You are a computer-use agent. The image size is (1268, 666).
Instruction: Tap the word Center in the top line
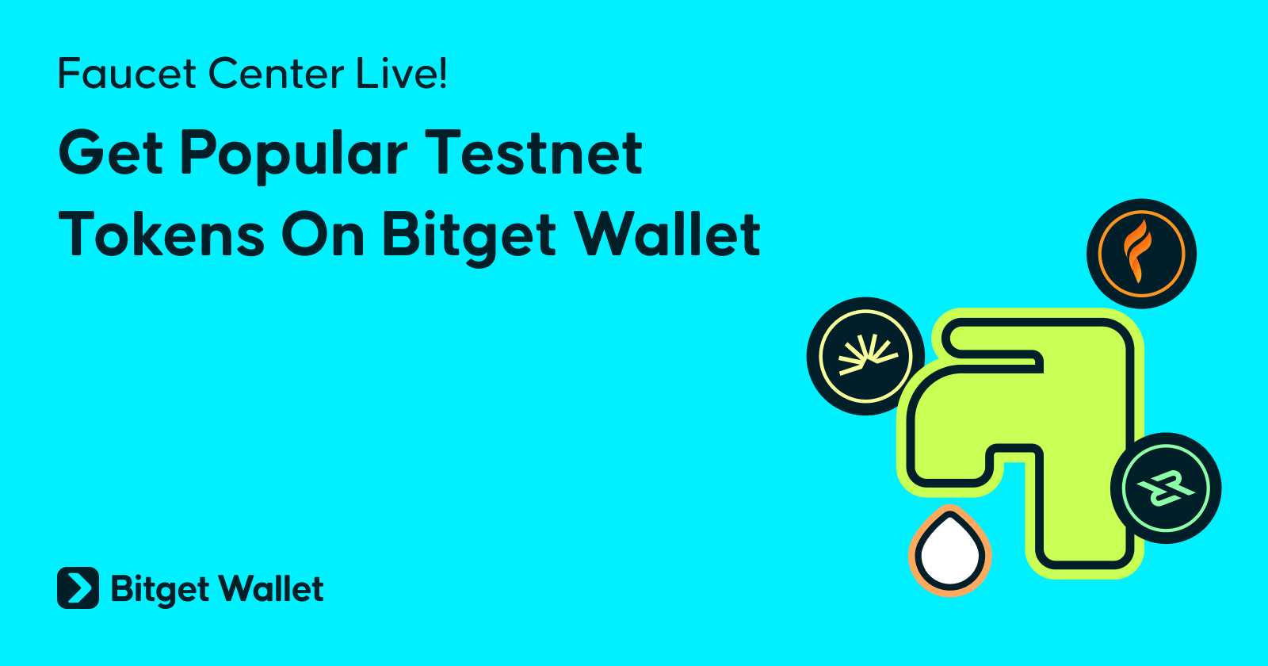(277, 74)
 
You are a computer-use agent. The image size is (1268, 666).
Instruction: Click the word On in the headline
(323, 235)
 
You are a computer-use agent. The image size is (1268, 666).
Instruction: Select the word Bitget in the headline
(469, 238)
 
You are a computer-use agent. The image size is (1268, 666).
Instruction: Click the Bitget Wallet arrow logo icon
(78, 588)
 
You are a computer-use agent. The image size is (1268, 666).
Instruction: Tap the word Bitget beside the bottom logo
(160, 590)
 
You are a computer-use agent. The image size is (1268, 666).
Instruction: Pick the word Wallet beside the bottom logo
(271, 588)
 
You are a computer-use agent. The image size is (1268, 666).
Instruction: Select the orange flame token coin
(1141, 254)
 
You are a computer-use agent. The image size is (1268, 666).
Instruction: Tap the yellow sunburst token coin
(865, 356)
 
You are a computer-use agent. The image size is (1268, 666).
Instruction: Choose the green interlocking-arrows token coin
(1166, 488)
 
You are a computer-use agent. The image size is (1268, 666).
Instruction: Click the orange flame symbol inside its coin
(1136, 251)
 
